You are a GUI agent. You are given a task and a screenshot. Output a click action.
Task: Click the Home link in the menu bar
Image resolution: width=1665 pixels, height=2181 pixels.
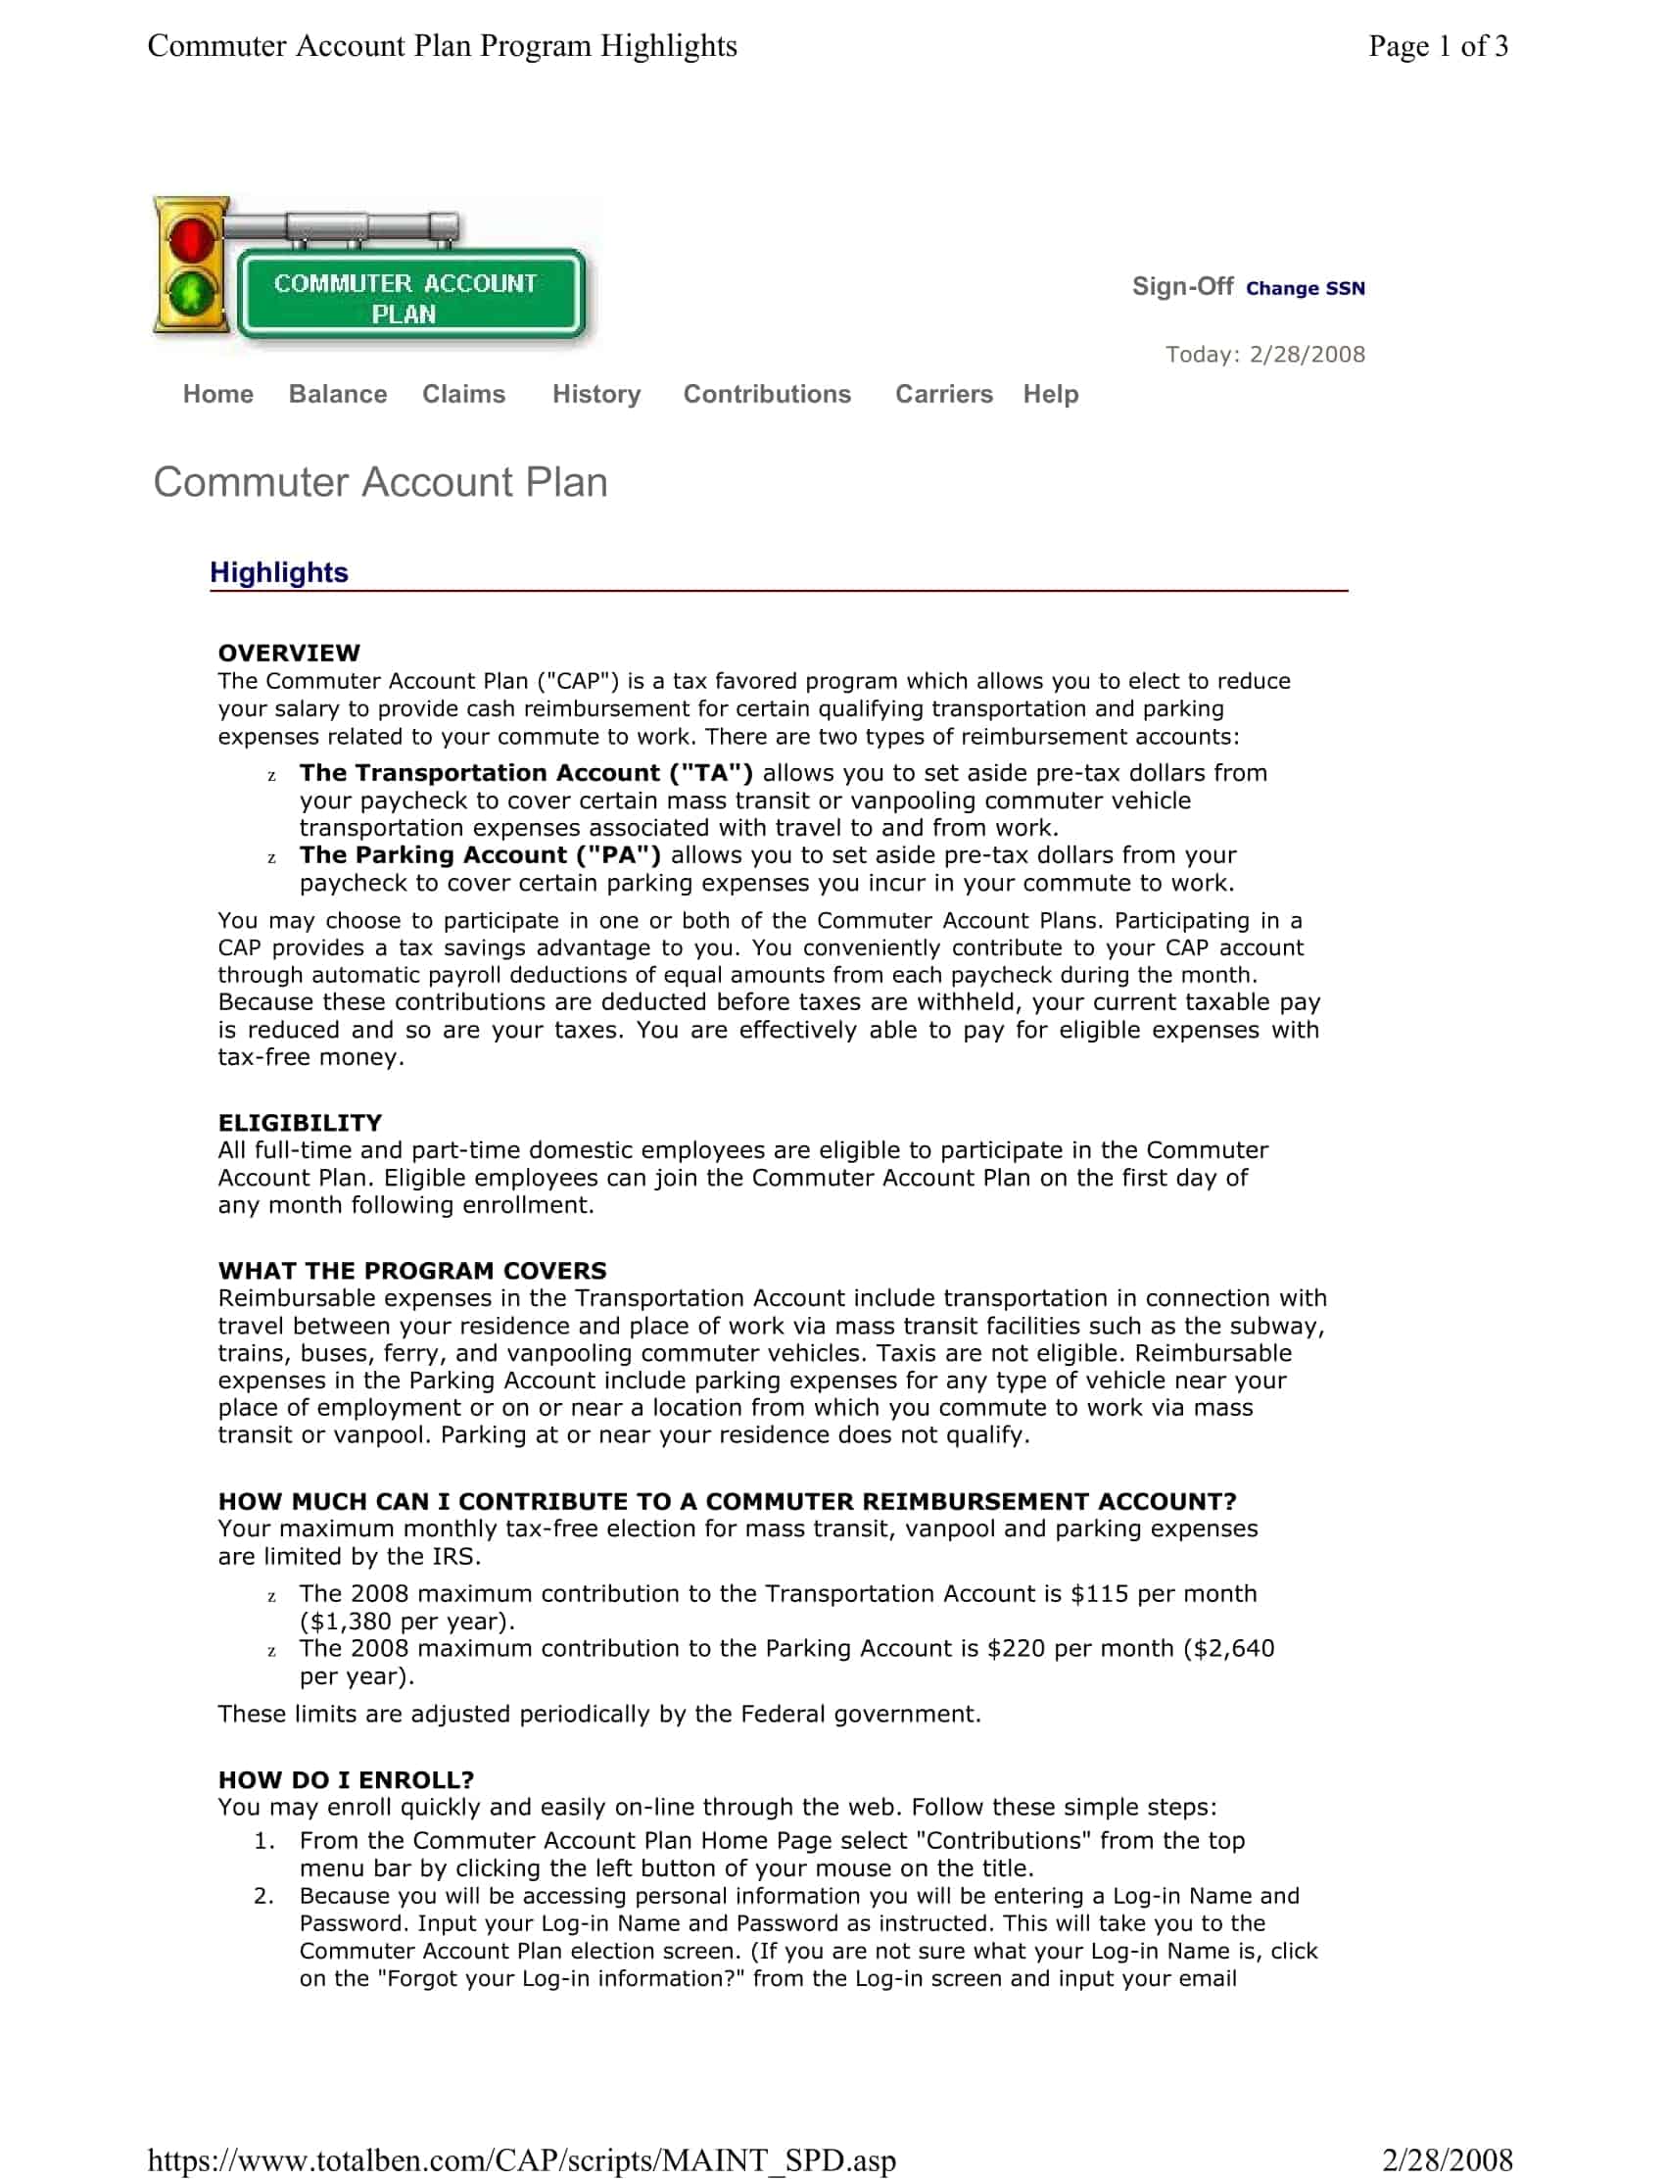click(218, 394)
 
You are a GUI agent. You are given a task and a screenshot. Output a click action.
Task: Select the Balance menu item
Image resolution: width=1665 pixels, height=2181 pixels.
click(337, 394)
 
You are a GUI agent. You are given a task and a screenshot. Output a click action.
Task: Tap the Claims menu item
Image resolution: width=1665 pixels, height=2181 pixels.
click(463, 394)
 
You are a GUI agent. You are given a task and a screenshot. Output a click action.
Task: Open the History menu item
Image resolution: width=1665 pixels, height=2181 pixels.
click(595, 394)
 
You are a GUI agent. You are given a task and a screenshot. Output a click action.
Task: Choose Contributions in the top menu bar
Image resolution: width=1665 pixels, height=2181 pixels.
click(766, 394)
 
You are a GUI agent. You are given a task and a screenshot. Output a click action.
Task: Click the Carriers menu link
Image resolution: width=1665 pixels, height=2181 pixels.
click(942, 394)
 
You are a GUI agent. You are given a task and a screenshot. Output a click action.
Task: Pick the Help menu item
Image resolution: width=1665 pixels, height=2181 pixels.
click(1050, 394)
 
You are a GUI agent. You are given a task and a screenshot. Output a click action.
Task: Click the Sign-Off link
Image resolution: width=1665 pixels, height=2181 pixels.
click(1181, 286)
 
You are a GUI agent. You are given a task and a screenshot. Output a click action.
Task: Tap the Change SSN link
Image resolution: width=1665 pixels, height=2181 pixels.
click(1305, 288)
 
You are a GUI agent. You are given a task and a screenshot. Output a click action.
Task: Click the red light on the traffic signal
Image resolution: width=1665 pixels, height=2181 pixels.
click(189, 239)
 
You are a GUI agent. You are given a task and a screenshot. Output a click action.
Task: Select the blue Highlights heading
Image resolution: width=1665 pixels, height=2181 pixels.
click(278, 572)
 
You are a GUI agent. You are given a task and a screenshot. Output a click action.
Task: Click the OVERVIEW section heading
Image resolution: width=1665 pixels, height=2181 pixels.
click(288, 653)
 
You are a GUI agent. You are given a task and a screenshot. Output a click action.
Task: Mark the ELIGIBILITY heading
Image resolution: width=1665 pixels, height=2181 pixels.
click(300, 1122)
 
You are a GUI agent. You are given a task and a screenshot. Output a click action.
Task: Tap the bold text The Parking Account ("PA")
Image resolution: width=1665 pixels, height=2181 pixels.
click(480, 854)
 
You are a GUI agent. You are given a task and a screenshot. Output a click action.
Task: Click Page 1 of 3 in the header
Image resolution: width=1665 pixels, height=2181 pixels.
click(1437, 46)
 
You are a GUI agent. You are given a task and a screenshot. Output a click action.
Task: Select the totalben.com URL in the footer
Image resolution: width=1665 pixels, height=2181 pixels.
click(521, 2159)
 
